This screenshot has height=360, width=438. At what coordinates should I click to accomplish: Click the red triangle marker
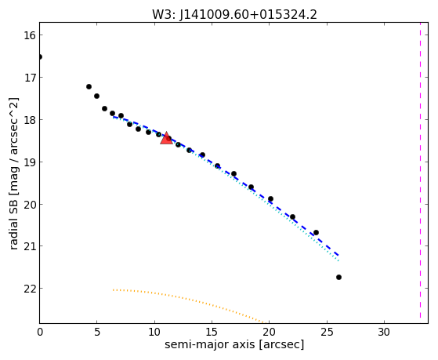click(x=166, y=138)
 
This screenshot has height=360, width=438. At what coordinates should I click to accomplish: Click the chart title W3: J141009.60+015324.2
click(x=234, y=15)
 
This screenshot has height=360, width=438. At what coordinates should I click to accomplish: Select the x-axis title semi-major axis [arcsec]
click(x=234, y=344)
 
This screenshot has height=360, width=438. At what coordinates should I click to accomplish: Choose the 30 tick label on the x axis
click(x=384, y=333)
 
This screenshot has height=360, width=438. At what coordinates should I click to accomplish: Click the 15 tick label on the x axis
click(x=212, y=333)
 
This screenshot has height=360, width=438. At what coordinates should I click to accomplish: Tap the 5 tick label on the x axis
click(x=96, y=333)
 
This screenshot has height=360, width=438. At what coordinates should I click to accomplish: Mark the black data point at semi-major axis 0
click(x=40, y=57)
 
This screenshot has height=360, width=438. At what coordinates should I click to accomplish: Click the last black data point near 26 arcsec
click(x=338, y=277)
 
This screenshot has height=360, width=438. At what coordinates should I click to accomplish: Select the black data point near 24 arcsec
click(x=316, y=232)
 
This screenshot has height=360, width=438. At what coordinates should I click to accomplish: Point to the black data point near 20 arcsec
click(x=270, y=199)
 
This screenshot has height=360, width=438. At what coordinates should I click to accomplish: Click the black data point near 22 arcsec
click(x=292, y=216)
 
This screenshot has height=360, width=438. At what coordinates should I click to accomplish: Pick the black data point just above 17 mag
click(x=89, y=87)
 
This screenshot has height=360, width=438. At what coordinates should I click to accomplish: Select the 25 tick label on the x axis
click(x=326, y=333)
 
